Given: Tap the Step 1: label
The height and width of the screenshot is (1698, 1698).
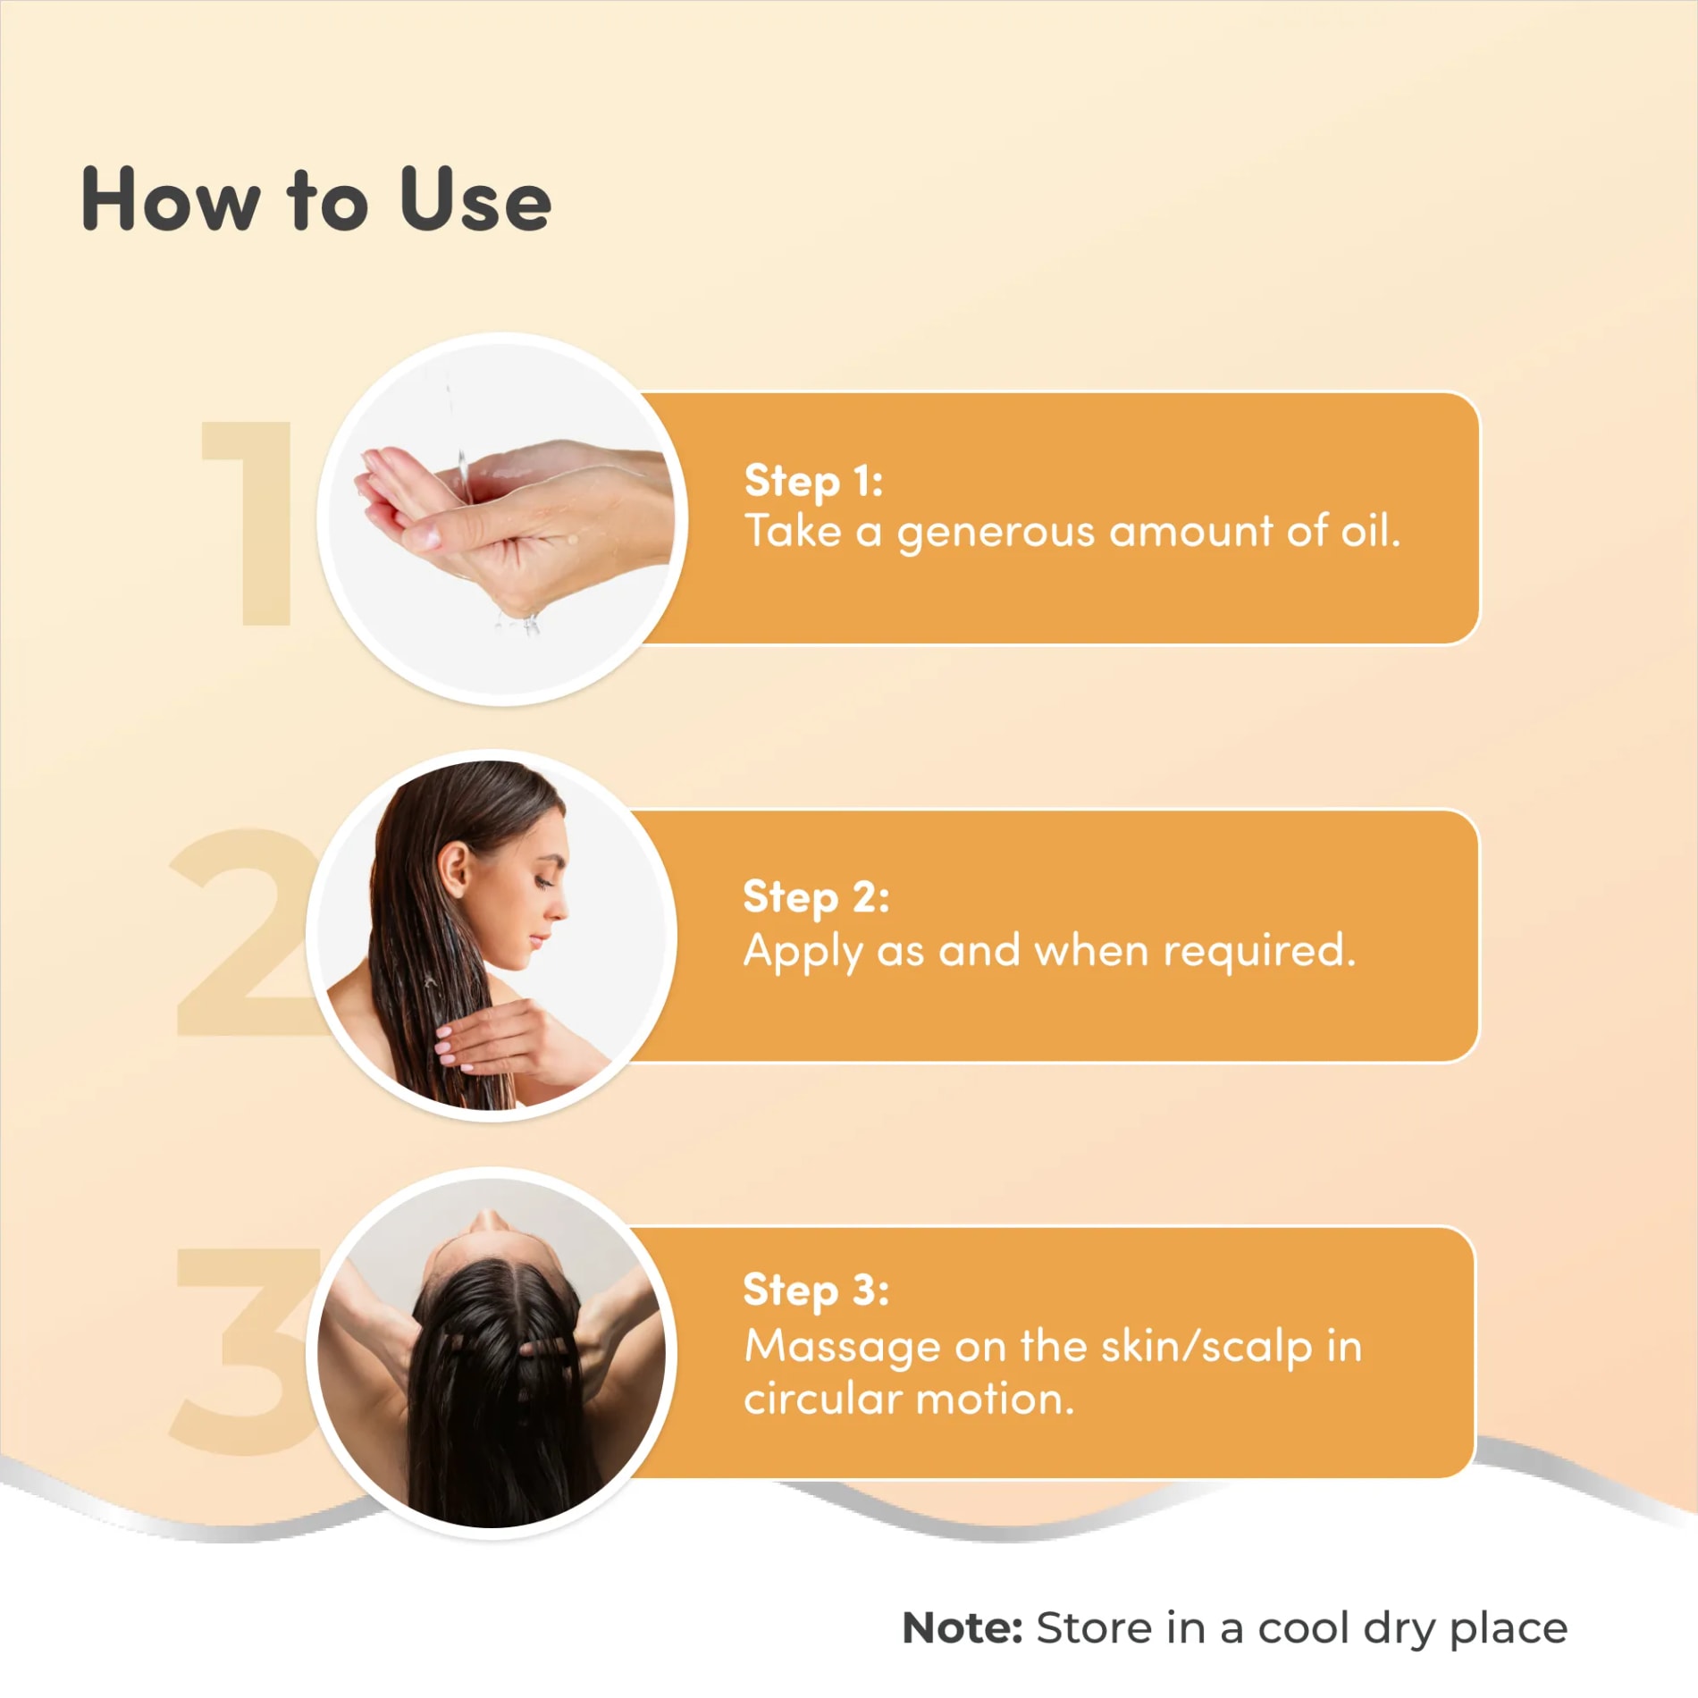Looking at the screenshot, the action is tap(813, 482).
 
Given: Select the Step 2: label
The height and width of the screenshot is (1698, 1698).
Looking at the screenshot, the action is tap(816, 898).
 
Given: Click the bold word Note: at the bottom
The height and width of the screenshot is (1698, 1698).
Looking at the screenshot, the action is tap(962, 1628).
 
